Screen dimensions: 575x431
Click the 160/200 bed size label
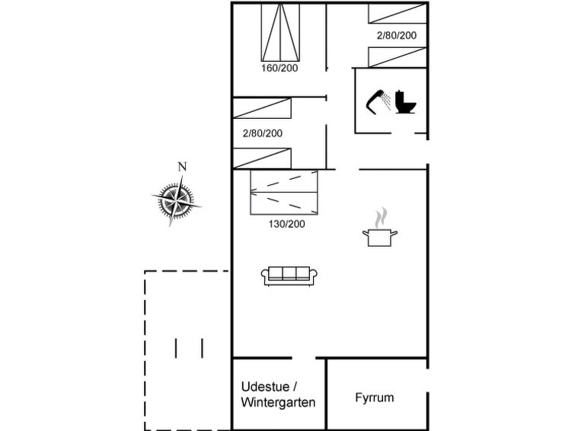280,69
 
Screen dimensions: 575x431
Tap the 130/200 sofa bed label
287,224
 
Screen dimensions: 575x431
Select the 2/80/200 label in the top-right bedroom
397,35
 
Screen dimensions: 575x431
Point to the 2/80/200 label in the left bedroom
263,133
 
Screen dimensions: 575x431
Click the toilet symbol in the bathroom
405,101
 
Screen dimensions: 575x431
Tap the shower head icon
379,102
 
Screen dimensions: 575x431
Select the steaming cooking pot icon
380,228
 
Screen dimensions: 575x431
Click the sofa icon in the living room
289,276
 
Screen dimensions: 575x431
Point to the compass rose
177,200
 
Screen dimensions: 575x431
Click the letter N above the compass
182,167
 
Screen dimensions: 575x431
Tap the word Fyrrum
375,397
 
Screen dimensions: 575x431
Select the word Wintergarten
278,402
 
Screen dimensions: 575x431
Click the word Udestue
266,387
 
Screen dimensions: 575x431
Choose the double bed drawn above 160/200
280,32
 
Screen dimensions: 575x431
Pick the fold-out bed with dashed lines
284,192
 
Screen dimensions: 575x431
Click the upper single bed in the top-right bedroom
398,14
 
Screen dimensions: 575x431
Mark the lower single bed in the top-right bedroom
398,58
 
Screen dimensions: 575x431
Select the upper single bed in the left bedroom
262,108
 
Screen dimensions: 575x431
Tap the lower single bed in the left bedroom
262,158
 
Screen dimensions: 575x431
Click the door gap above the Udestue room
304,358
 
